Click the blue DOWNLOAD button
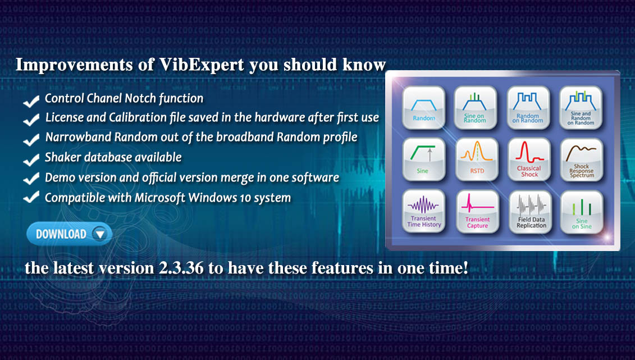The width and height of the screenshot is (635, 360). [x=69, y=234]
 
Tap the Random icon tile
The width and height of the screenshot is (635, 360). [x=424, y=108]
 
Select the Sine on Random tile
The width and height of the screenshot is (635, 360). [x=476, y=108]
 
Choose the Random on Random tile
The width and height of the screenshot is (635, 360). [x=528, y=108]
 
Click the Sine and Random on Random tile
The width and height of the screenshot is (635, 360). [x=581, y=108]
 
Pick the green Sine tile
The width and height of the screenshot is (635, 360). [x=424, y=160]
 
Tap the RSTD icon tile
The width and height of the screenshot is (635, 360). [x=477, y=160]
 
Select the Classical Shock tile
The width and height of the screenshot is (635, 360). [x=529, y=160]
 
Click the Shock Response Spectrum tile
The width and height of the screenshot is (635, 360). [x=582, y=160]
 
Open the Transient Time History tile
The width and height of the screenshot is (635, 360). [x=424, y=211]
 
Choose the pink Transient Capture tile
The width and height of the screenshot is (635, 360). [x=477, y=212]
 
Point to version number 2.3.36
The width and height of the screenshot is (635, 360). [x=181, y=268]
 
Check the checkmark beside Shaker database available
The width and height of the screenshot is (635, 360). [x=31, y=159]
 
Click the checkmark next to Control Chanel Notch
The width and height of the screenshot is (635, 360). [x=31, y=101]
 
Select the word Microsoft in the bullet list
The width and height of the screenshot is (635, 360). [x=160, y=198]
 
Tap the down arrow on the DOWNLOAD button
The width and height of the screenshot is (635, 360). [x=99, y=234]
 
